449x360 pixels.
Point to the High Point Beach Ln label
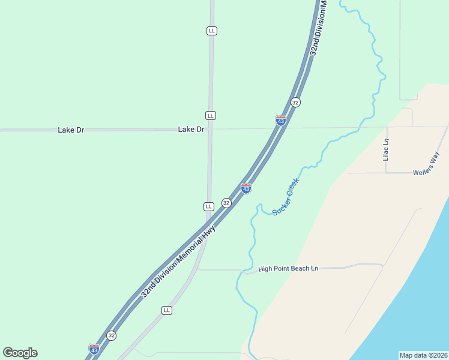point(288,269)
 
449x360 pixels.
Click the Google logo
point(20,353)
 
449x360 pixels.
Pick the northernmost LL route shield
point(211,31)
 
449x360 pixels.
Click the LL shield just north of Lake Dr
point(210,115)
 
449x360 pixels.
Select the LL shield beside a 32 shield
point(209,206)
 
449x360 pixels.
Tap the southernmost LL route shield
point(167,310)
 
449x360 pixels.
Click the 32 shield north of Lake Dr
point(295,103)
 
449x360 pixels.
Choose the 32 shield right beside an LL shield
point(226,203)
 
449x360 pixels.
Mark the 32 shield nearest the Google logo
point(111,335)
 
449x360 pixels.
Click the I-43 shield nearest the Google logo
point(94,349)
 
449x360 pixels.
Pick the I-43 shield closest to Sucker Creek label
point(246,188)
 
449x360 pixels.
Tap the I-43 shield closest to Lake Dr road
point(280,121)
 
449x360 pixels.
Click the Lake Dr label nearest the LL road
point(191,130)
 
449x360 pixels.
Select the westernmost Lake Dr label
point(71,130)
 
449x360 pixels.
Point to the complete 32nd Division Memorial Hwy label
point(178,262)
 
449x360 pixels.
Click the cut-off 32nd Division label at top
point(318,28)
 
